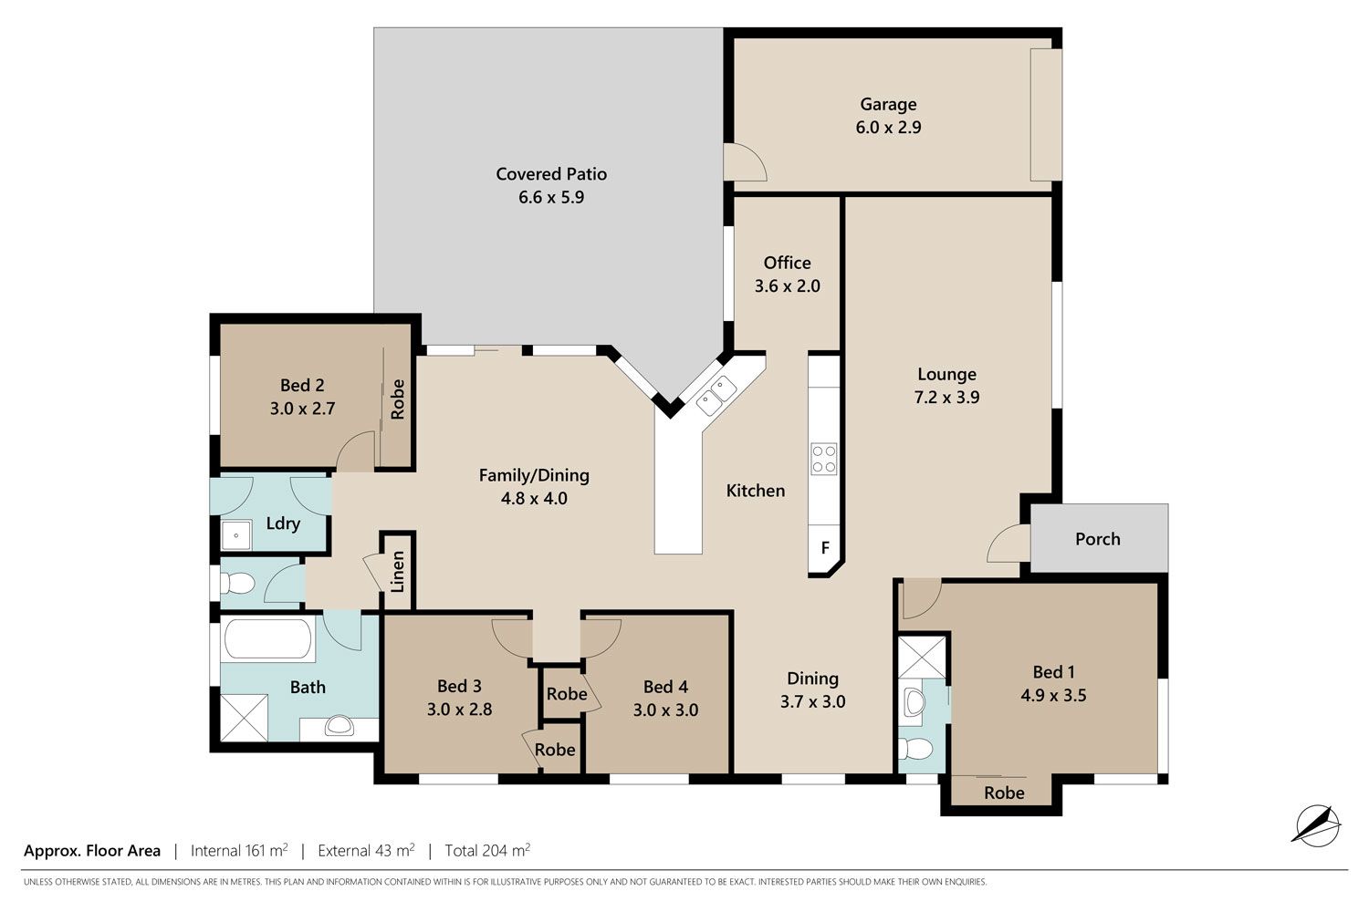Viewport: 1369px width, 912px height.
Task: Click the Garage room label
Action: pyautogui.click(x=888, y=105)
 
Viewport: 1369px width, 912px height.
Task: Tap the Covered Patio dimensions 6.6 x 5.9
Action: pyautogui.click(x=551, y=197)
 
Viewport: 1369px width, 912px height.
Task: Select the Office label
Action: pyautogui.click(x=787, y=263)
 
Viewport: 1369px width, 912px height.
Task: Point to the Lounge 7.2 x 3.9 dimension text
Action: pyautogui.click(x=946, y=397)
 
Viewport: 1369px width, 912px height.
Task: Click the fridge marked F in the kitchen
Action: pyautogui.click(x=824, y=548)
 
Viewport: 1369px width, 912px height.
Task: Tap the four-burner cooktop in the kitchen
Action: pyautogui.click(x=823, y=459)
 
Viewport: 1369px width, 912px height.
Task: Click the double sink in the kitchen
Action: pyautogui.click(x=716, y=396)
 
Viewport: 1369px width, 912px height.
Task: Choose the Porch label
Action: pyautogui.click(x=1098, y=539)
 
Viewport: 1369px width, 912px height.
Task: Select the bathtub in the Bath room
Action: pyautogui.click(x=268, y=639)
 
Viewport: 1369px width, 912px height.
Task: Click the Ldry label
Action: pyautogui.click(x=283, y=523)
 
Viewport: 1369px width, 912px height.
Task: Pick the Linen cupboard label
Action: pyautogui.click(x=398, y=572)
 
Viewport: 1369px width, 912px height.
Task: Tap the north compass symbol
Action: pyautogui.click(x=1316, y=826)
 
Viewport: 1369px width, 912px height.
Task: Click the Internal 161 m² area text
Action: pyautogui.click(x=239, y=850)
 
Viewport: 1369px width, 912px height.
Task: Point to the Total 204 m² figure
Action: pyautogui.click(x=487, y=850)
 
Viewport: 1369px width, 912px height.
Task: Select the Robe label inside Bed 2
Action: pyautogui.click(x=398, y=399)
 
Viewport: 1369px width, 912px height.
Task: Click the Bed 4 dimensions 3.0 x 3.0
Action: pyautogui.click(x=665, y=710)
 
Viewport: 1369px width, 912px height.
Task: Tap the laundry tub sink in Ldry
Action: pyautogui.click(x=235, y=535)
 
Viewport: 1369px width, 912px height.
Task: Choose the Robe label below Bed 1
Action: pyautogui.click(x=1004, y=793)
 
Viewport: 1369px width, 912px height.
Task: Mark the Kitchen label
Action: pyautogui.click(x=756, y=491)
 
